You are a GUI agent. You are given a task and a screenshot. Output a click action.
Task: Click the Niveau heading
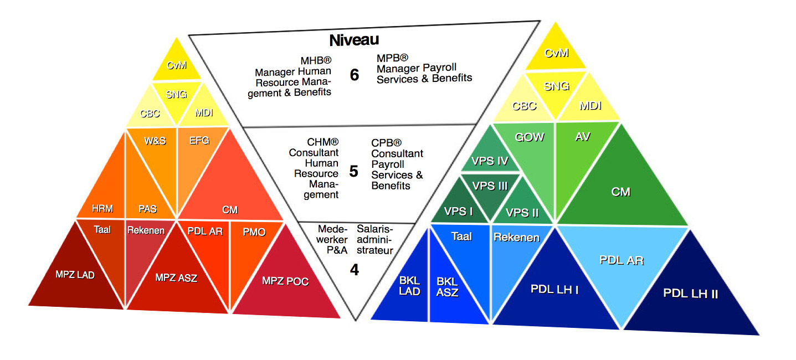click(x=354, y=40)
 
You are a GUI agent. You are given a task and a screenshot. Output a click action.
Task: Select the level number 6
click(x=355, y=75)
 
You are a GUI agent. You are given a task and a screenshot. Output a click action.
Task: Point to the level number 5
click(x=353, y=171)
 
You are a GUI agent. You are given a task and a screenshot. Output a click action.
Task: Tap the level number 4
click(x=355, y=269)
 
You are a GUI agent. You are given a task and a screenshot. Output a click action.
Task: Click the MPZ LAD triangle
click(x=75, y=275)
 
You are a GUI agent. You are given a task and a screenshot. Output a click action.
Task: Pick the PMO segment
click(x=254, y=232)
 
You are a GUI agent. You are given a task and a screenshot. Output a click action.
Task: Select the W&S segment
click(x=155, y=141)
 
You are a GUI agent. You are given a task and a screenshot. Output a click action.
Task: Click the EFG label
click(x=199, y=141)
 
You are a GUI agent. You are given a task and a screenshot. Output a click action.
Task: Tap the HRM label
click(x=102, y=209)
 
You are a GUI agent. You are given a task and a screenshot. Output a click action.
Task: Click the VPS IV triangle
click(x=490, y=162)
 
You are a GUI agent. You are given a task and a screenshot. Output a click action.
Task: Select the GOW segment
click(x=530, y=137)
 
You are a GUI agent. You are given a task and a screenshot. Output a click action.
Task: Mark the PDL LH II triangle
click(x=690, y=294)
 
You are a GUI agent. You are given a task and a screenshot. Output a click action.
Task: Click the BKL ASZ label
click(x=447, y=286)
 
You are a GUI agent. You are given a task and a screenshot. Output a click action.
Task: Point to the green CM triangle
click(x=620, y=192)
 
